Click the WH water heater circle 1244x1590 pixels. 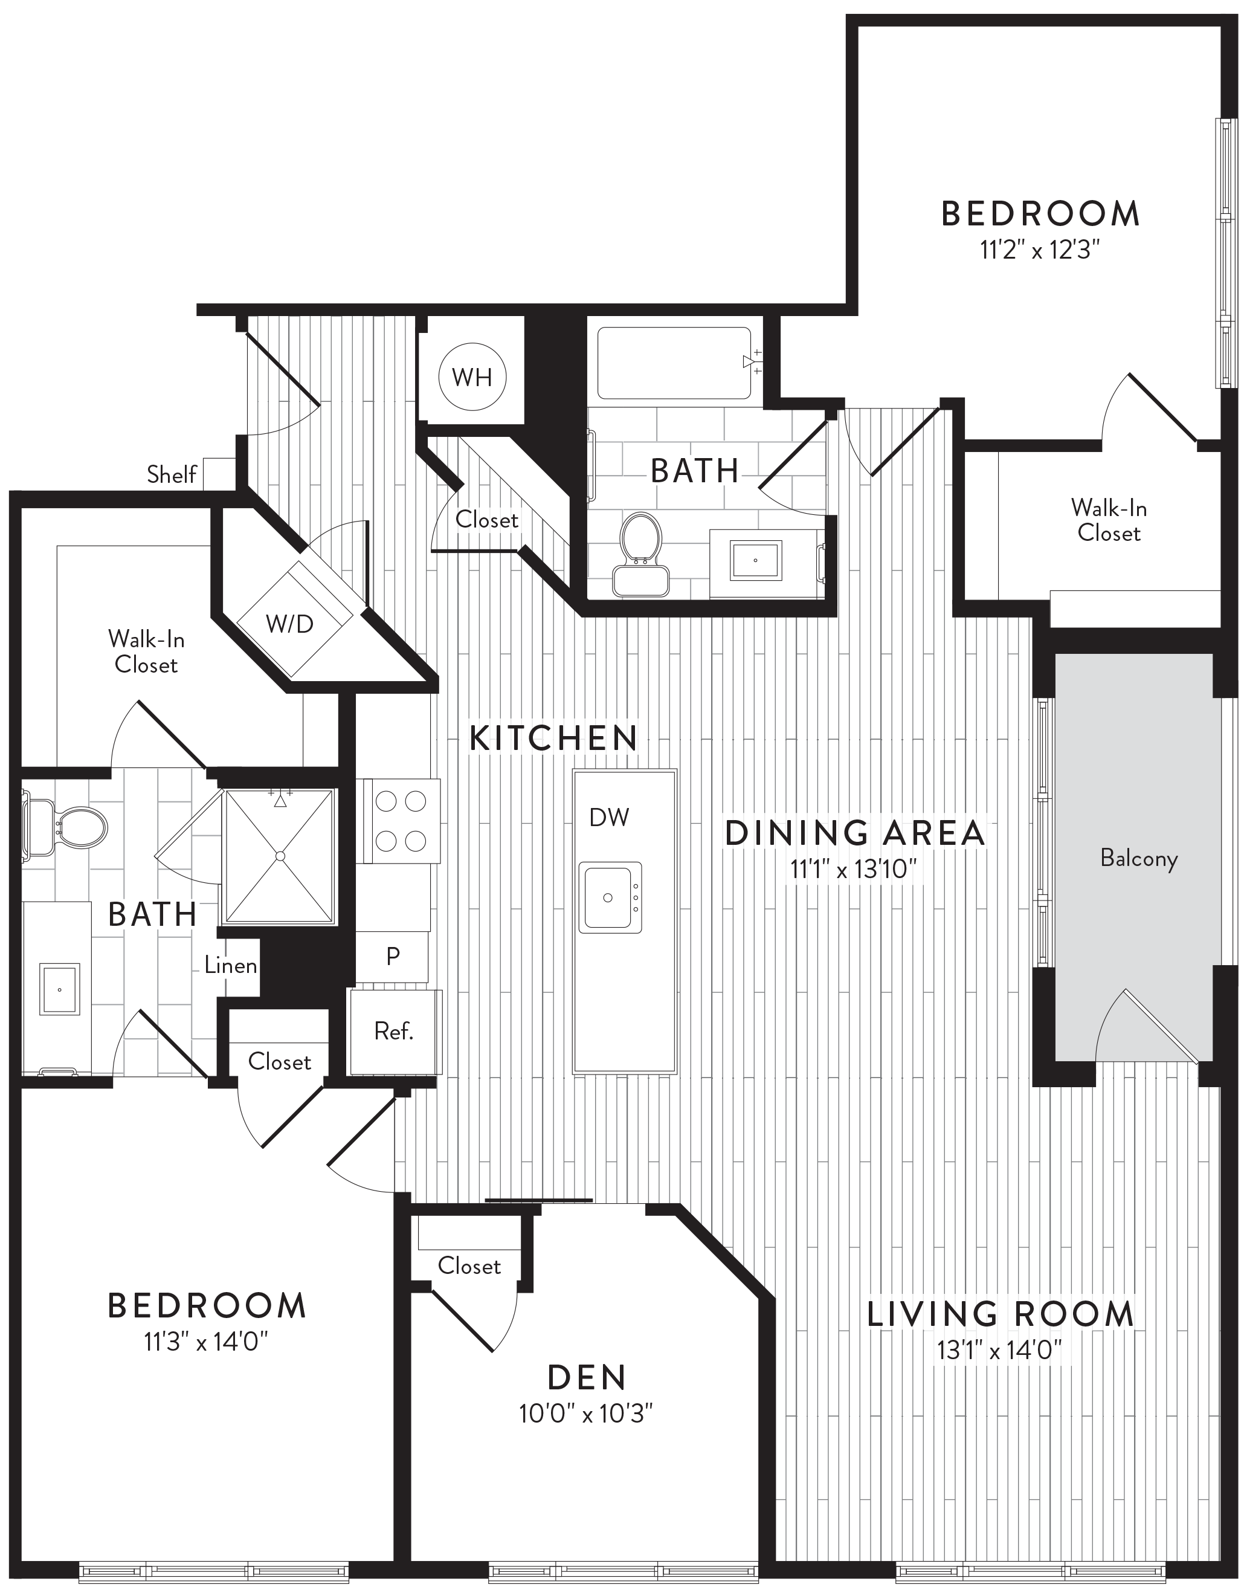(x=472, y=377)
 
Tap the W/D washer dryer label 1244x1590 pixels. (x=289, y=624)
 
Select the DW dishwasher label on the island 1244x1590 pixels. (x=609, y=817)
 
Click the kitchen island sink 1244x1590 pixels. (x=610, y=897)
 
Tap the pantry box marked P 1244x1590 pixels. (x=393, y=956)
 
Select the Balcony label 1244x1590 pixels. (x=1139, y=859)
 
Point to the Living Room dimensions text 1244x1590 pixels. (x=999, y=1350)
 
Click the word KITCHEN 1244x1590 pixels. (x=553, y=738)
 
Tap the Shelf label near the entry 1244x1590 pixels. (x=171, y=474)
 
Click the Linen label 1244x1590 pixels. (x=230, y=965)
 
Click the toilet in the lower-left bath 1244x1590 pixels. (x=65, y=826)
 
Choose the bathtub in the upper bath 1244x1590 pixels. (x=674, y=363)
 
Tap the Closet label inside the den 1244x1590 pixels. (x=469, y=1266)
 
